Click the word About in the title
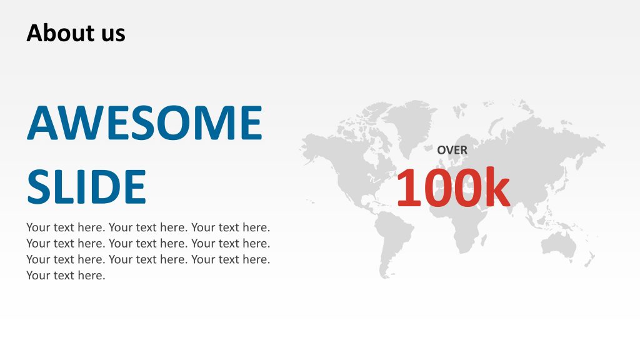pos(56,32)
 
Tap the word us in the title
pos(112,34)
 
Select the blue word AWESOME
pos(144,123)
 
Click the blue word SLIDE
pos(86,187)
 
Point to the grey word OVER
pos(452,150)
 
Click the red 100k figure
pos(452,187)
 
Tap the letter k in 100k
pos(494,187)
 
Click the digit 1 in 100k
pos(409,187)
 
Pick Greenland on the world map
pos(409,122)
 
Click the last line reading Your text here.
pos(66,276)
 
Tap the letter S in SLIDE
pos(39,187)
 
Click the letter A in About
pos(34,32)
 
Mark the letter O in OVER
pos(441,150)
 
